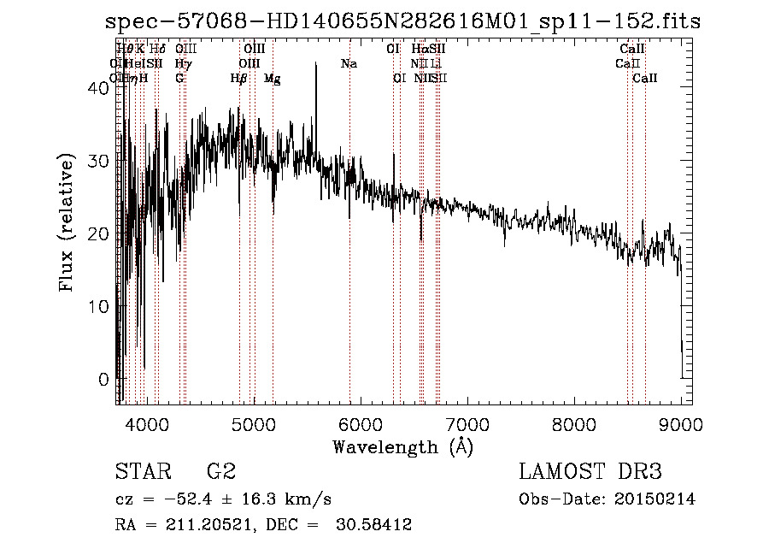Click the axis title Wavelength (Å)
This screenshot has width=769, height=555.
pos(402,446)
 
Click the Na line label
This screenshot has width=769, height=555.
pos(349,64)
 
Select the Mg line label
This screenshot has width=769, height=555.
pos(272,79)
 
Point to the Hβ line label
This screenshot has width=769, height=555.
pos(239,79)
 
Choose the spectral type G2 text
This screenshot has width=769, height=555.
pos(220,472)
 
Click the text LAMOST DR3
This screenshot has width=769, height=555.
pos(590,472)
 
